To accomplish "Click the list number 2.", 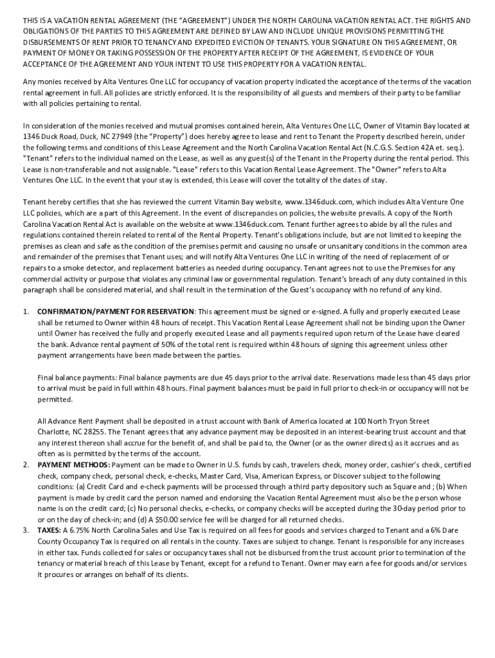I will tap(26, 465).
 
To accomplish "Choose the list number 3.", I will tap(26, 530).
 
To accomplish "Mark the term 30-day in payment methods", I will tap(399, 508).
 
